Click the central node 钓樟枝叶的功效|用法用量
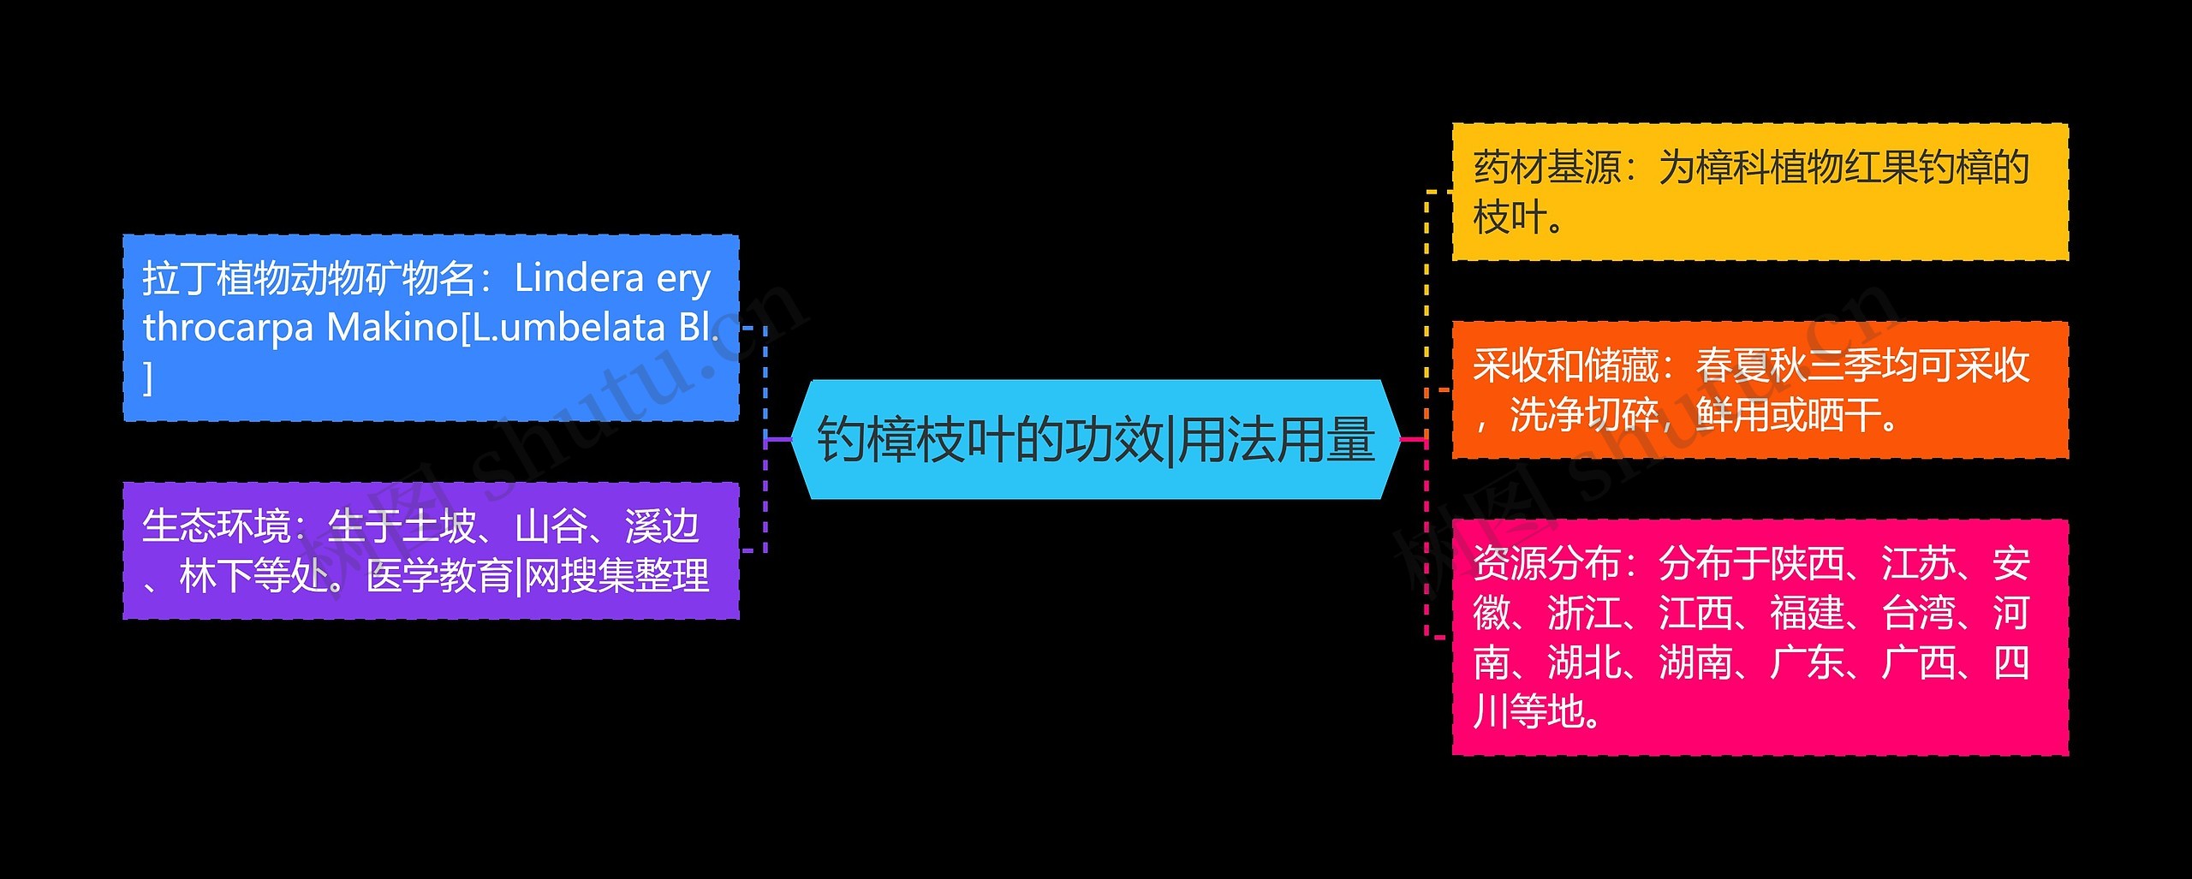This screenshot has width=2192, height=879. [x=1096, y=439]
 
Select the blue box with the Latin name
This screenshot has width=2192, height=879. [x=431, y=328]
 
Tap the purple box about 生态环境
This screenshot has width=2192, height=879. [x=431, y=550]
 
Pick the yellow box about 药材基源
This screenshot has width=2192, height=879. [x=1760, y=192]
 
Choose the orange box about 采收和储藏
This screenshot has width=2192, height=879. [x=1760, y=390]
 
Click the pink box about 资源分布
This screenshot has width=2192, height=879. [x=1760, y=637]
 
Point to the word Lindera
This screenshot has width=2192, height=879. [x=579, y=278]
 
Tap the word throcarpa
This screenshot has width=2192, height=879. [x=228, y=328]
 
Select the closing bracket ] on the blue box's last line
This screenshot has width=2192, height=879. [x=148, y=377]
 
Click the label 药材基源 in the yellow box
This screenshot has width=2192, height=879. [x=1546, y=168]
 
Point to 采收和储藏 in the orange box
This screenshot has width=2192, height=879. [x=1565, y=365]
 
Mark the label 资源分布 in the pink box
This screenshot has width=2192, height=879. [x=1546, y=564]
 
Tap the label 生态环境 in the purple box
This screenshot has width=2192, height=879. [x=216, y=526]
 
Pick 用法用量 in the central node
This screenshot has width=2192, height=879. [x=1278, y=439]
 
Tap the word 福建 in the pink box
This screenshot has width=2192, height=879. [x=1807, y=614]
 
